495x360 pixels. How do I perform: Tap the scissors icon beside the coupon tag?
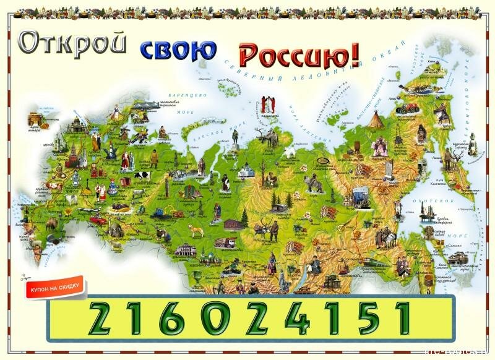25,279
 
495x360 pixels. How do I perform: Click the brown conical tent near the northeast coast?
375,120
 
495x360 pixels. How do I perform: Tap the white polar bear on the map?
288,151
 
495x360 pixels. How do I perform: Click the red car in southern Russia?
96,219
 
